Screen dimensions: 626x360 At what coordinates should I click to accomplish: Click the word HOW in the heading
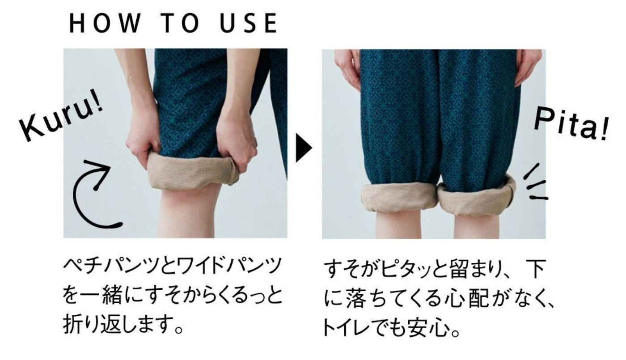click(x=105, y=23)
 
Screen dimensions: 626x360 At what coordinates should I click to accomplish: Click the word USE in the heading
click(x=249, y=23)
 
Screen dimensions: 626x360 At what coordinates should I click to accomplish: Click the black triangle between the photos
click(x=304, y=148)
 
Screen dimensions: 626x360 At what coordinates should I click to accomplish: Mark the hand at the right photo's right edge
click(x=528, y=67)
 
